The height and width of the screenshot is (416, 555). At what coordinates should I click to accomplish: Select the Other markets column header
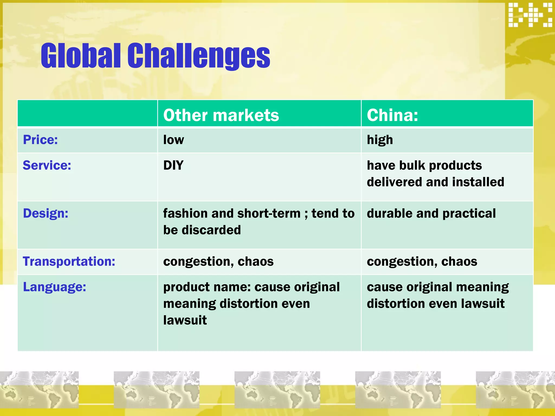pos(221,115)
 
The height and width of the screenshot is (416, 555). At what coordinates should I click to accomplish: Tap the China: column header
pos(392,115)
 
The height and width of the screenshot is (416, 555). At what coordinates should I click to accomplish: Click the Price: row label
pos(40,140)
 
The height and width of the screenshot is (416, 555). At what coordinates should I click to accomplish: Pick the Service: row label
pos(47,165)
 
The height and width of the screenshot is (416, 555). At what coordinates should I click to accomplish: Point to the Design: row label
pos(46,213)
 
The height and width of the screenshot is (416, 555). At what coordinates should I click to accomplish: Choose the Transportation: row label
pos(69,262)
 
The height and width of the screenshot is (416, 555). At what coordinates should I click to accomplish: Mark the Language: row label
pos(54,287)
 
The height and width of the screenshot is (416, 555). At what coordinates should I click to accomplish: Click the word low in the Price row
pos(173,140)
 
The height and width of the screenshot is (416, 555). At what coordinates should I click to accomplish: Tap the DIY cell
pos(173,165)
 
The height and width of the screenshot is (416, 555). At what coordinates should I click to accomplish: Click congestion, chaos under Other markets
pos(218,262)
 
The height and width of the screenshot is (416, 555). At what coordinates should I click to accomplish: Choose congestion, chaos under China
pos(422,262)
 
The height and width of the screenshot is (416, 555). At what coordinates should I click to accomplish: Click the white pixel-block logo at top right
pos(530,15)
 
